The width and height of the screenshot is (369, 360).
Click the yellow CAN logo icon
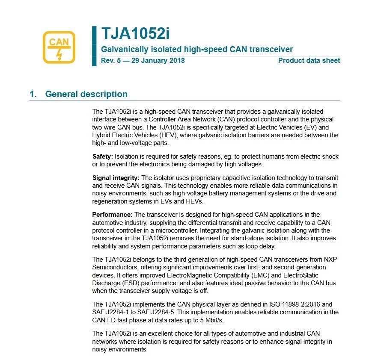tap(59, 47)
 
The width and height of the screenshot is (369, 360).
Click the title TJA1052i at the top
tap(132, 34)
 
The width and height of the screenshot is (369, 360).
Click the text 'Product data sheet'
tap(309, 60)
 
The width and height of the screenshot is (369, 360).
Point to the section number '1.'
tap(33, 94)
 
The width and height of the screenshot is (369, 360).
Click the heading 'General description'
tap(86, 94)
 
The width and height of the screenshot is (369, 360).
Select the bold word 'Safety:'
tap(103, 156)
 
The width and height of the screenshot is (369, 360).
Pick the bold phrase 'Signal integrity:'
tap(116, 178)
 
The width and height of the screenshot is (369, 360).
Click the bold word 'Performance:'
tap(113, 214)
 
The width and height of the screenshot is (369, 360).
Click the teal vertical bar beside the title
tap(94, 46)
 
